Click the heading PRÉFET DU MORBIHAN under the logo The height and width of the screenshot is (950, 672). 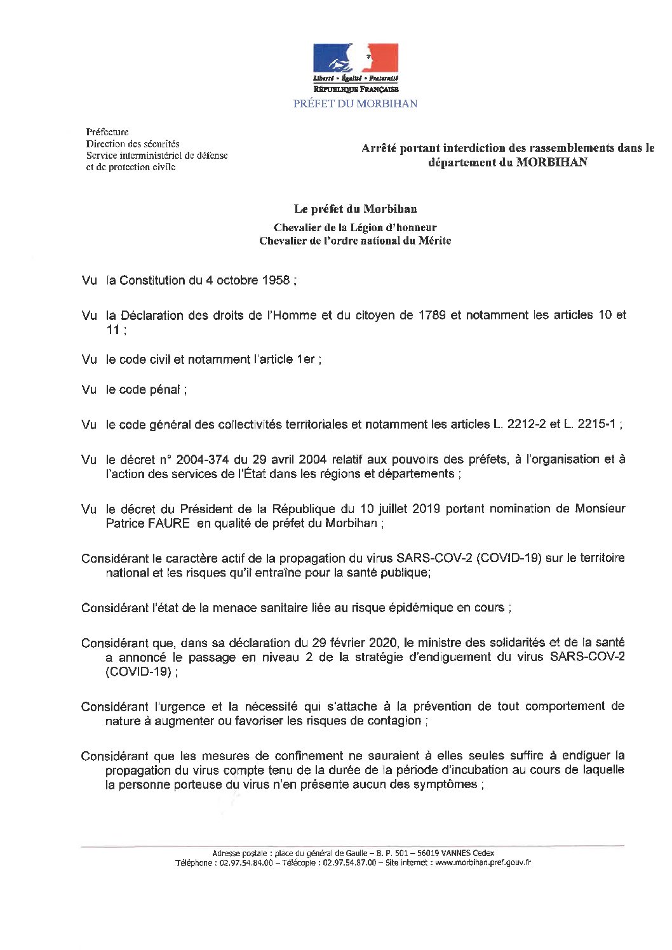355,104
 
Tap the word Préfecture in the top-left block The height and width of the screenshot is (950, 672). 107,132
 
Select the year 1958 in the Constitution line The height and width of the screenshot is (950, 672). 276,280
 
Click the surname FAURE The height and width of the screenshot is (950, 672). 168,524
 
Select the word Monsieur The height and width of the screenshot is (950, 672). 600,509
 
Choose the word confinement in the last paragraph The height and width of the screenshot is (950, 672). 309,756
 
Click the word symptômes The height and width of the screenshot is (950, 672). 447,785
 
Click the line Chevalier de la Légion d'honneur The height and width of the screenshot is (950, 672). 355,227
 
